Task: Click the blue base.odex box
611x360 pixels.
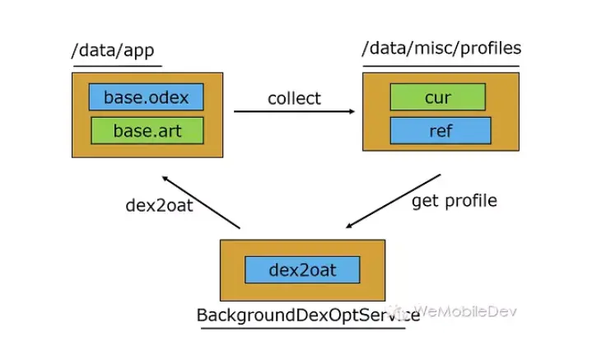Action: (x=146, y=96)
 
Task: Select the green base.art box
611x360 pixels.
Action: (x=147, y=131)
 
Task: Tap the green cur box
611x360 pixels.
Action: (x=438, y=96)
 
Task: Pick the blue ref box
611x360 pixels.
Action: (x=441, y=131)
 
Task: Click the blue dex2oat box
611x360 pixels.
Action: (x=302, y=269)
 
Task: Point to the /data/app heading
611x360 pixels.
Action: (x=113, y=51)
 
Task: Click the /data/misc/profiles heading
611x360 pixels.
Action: (x=441, y=49)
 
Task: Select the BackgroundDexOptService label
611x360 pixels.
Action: (x=308, y=316)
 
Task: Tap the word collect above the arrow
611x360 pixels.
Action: (x=294, y=98)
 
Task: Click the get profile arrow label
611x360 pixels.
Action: (x=455, y=201)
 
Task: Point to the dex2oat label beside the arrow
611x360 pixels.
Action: (x=159, y=205)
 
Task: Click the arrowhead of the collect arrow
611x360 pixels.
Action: (x=352, y=111)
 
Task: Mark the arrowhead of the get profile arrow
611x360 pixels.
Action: (x=348, y=226)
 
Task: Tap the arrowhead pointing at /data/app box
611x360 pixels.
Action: (x=165, y=178)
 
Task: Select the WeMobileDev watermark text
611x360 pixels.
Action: (x=465, y=311)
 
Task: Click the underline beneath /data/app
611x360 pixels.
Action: (x=117, y=66)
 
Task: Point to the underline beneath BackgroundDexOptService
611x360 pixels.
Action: (x=303, y=329)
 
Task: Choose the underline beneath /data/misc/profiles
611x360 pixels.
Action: (x=441, y=66)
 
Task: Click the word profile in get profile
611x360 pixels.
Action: (x=471, y=201)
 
